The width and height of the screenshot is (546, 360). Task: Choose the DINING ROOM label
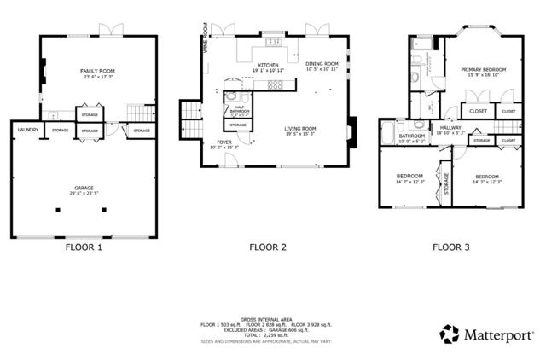pyautogui.click(x=322, y=64)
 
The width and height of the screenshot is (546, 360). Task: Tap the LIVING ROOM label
pyautogui.click(x=300, y=130)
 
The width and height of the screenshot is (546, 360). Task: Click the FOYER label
pyautogui.click(x=224, y=142)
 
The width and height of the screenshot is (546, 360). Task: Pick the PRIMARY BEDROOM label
pyautogui.click(x=484, y=70)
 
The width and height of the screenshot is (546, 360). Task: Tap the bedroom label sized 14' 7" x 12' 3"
pyautogui.click(x=409, y=177)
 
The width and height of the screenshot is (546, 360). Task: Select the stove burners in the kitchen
pyautogui.click(x=275, y=84)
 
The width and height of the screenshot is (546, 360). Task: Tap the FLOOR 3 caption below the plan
pyautogui.click(x=450, y=247)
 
